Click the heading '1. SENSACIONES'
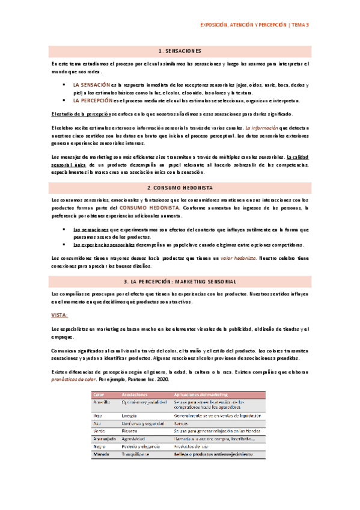[180, 51]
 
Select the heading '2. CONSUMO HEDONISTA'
[180, 188]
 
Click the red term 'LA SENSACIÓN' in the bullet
[91, 85]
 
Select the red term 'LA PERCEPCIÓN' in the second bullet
[93, 100]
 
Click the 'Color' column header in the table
[99, 394]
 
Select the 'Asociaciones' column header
[135, 394]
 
